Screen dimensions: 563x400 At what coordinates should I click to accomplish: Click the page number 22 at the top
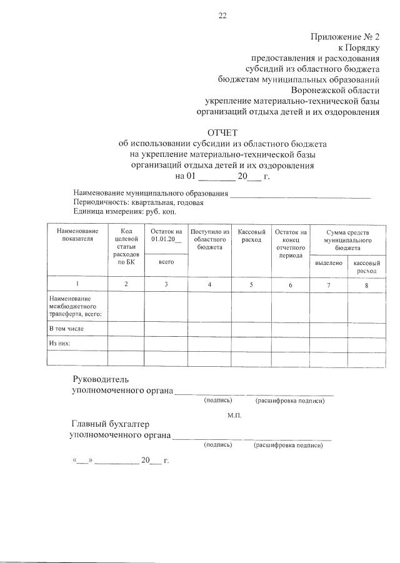coord(222,17)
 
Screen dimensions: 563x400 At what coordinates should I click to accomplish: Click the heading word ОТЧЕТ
coord(222,132)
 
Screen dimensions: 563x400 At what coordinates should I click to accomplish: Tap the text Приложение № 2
coord(345,37)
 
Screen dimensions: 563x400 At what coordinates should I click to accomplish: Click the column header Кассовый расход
coord(251,236)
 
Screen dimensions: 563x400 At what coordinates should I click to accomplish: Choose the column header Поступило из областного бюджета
coord(209,239)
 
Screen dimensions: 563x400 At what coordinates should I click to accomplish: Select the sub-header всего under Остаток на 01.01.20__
coord(166,262)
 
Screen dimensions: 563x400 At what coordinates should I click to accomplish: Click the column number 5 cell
coord(251,284)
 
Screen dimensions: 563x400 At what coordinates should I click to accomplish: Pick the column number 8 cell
coord(366,285)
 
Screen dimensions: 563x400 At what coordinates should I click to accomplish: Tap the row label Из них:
coord(59,343)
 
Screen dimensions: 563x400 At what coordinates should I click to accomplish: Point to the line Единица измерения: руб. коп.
coord(116,212)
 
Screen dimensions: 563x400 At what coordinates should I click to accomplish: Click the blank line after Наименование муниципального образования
coord(301,196)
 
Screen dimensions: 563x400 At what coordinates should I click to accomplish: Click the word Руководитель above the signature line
coord(101,379)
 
